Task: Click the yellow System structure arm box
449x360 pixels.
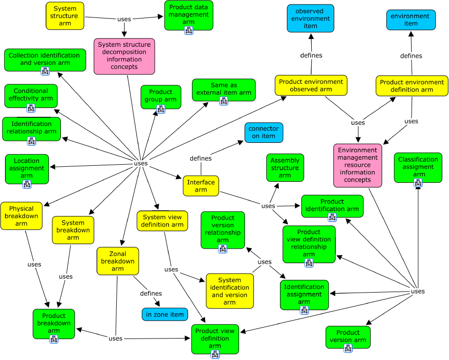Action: pos(65,15)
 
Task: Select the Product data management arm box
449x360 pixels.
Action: pos(189,14)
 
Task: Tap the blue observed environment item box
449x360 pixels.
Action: pos(310,18)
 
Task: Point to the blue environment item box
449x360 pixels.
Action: pos(411,19)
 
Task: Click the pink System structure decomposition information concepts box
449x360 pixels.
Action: pos(124,56)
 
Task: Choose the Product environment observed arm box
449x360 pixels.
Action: pos(311,85)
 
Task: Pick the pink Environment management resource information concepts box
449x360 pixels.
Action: pos(357,165)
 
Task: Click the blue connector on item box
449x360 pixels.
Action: pos(263,132)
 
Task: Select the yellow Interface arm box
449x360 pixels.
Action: pos(201,186)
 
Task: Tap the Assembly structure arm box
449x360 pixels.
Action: pos(284,167)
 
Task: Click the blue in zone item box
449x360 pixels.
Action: pos(165,314)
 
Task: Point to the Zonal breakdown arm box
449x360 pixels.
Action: pos(117,261)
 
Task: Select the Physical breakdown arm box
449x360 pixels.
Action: pos(21,216)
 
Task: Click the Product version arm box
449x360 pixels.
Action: pos(348,336)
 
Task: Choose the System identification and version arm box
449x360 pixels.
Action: pos(229,291)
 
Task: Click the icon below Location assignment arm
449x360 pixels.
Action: pos(27,184)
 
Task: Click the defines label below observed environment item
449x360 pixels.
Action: pos(311,55)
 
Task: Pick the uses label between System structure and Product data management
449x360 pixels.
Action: pos(124,19)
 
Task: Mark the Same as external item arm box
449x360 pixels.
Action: pos(224,89)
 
